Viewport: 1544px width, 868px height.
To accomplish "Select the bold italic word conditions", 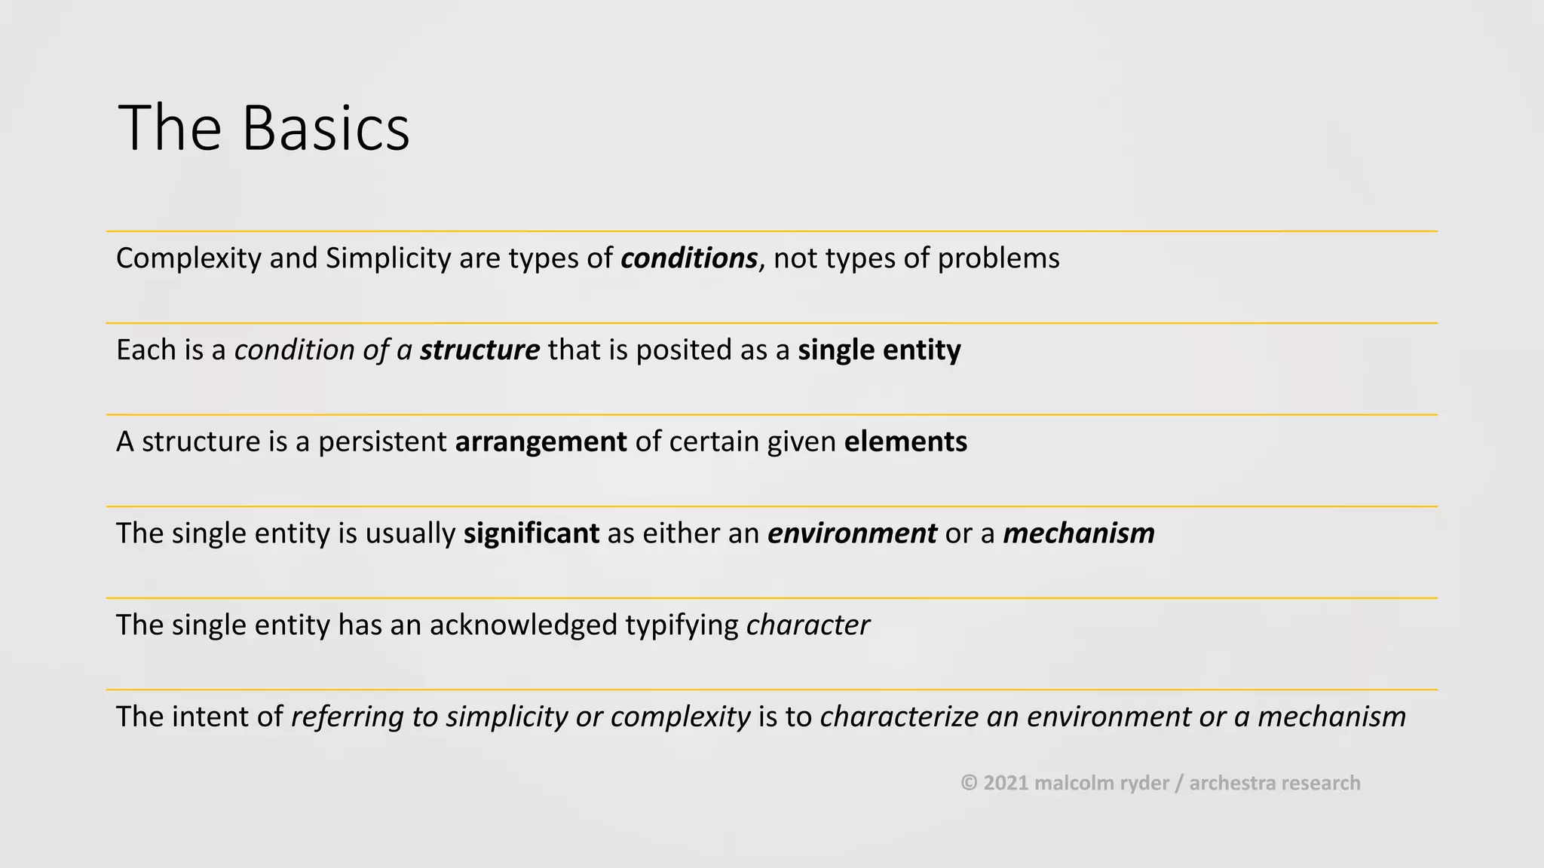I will pyautogui.click(x=688, y=258).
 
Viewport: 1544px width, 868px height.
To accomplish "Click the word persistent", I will pyautogui.click(x=382, y=442).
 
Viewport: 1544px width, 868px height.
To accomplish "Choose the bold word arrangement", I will pyautogui.click(x=541, y=442).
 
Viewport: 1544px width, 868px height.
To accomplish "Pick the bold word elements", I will pyautogui.click(x=905, y=442).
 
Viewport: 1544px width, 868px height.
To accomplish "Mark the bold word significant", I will pyautogui.click(x=531, y=533).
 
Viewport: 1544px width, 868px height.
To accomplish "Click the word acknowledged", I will pyautogui.click(x=523, y=625).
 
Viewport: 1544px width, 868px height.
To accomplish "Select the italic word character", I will pyautogui.click(x=807, y=625).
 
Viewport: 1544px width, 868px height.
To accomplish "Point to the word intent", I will pyautogui.click(x=210, y=717).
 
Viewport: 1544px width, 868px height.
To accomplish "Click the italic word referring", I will pyautogui.click(x=347, y=717).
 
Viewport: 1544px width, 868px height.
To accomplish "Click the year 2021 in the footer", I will pyautogui.click(x=1006, y=783).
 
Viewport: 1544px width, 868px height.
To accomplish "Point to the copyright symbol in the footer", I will pyautogui.click(x=969, y=783).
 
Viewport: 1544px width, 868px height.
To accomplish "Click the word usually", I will pyautogui.click(x=410, y=533).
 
